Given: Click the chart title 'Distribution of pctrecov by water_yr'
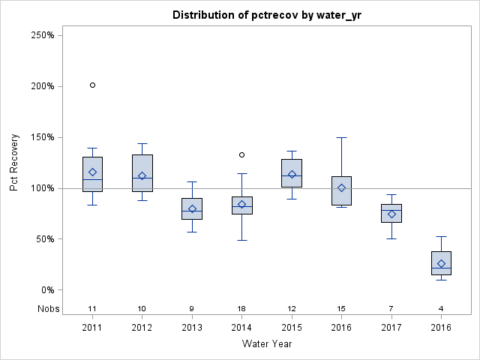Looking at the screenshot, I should point(267,15).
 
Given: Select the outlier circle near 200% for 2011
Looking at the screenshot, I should point(92,85).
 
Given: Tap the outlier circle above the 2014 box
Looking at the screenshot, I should point(241,154).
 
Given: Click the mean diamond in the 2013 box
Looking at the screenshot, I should point(192,209).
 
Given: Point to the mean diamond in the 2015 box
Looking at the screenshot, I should point(292,175).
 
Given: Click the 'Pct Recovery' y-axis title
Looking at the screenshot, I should point(15,163).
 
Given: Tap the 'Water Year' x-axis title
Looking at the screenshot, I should point(267,344).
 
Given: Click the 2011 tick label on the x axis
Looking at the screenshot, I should point(92,328).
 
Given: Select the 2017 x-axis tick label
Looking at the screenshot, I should point(391,328).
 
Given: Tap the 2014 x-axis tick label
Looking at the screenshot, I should point(241,328).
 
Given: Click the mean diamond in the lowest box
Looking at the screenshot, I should point(441,264).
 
